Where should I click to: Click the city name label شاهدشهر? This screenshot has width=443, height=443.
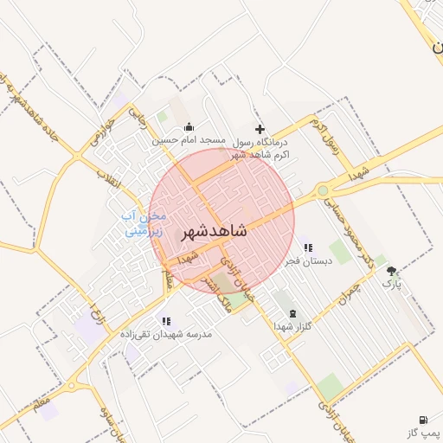214,231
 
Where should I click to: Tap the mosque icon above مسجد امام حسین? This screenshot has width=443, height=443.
189,128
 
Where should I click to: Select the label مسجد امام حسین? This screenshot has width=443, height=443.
189,139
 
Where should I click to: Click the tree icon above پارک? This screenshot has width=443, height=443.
392,271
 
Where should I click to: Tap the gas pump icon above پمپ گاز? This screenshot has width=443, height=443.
424,419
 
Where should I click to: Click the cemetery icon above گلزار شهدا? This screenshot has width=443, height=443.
292,312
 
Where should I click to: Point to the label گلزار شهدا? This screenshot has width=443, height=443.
292,325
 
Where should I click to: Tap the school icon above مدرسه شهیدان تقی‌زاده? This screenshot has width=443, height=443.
165,321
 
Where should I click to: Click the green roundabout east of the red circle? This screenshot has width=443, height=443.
323,189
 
